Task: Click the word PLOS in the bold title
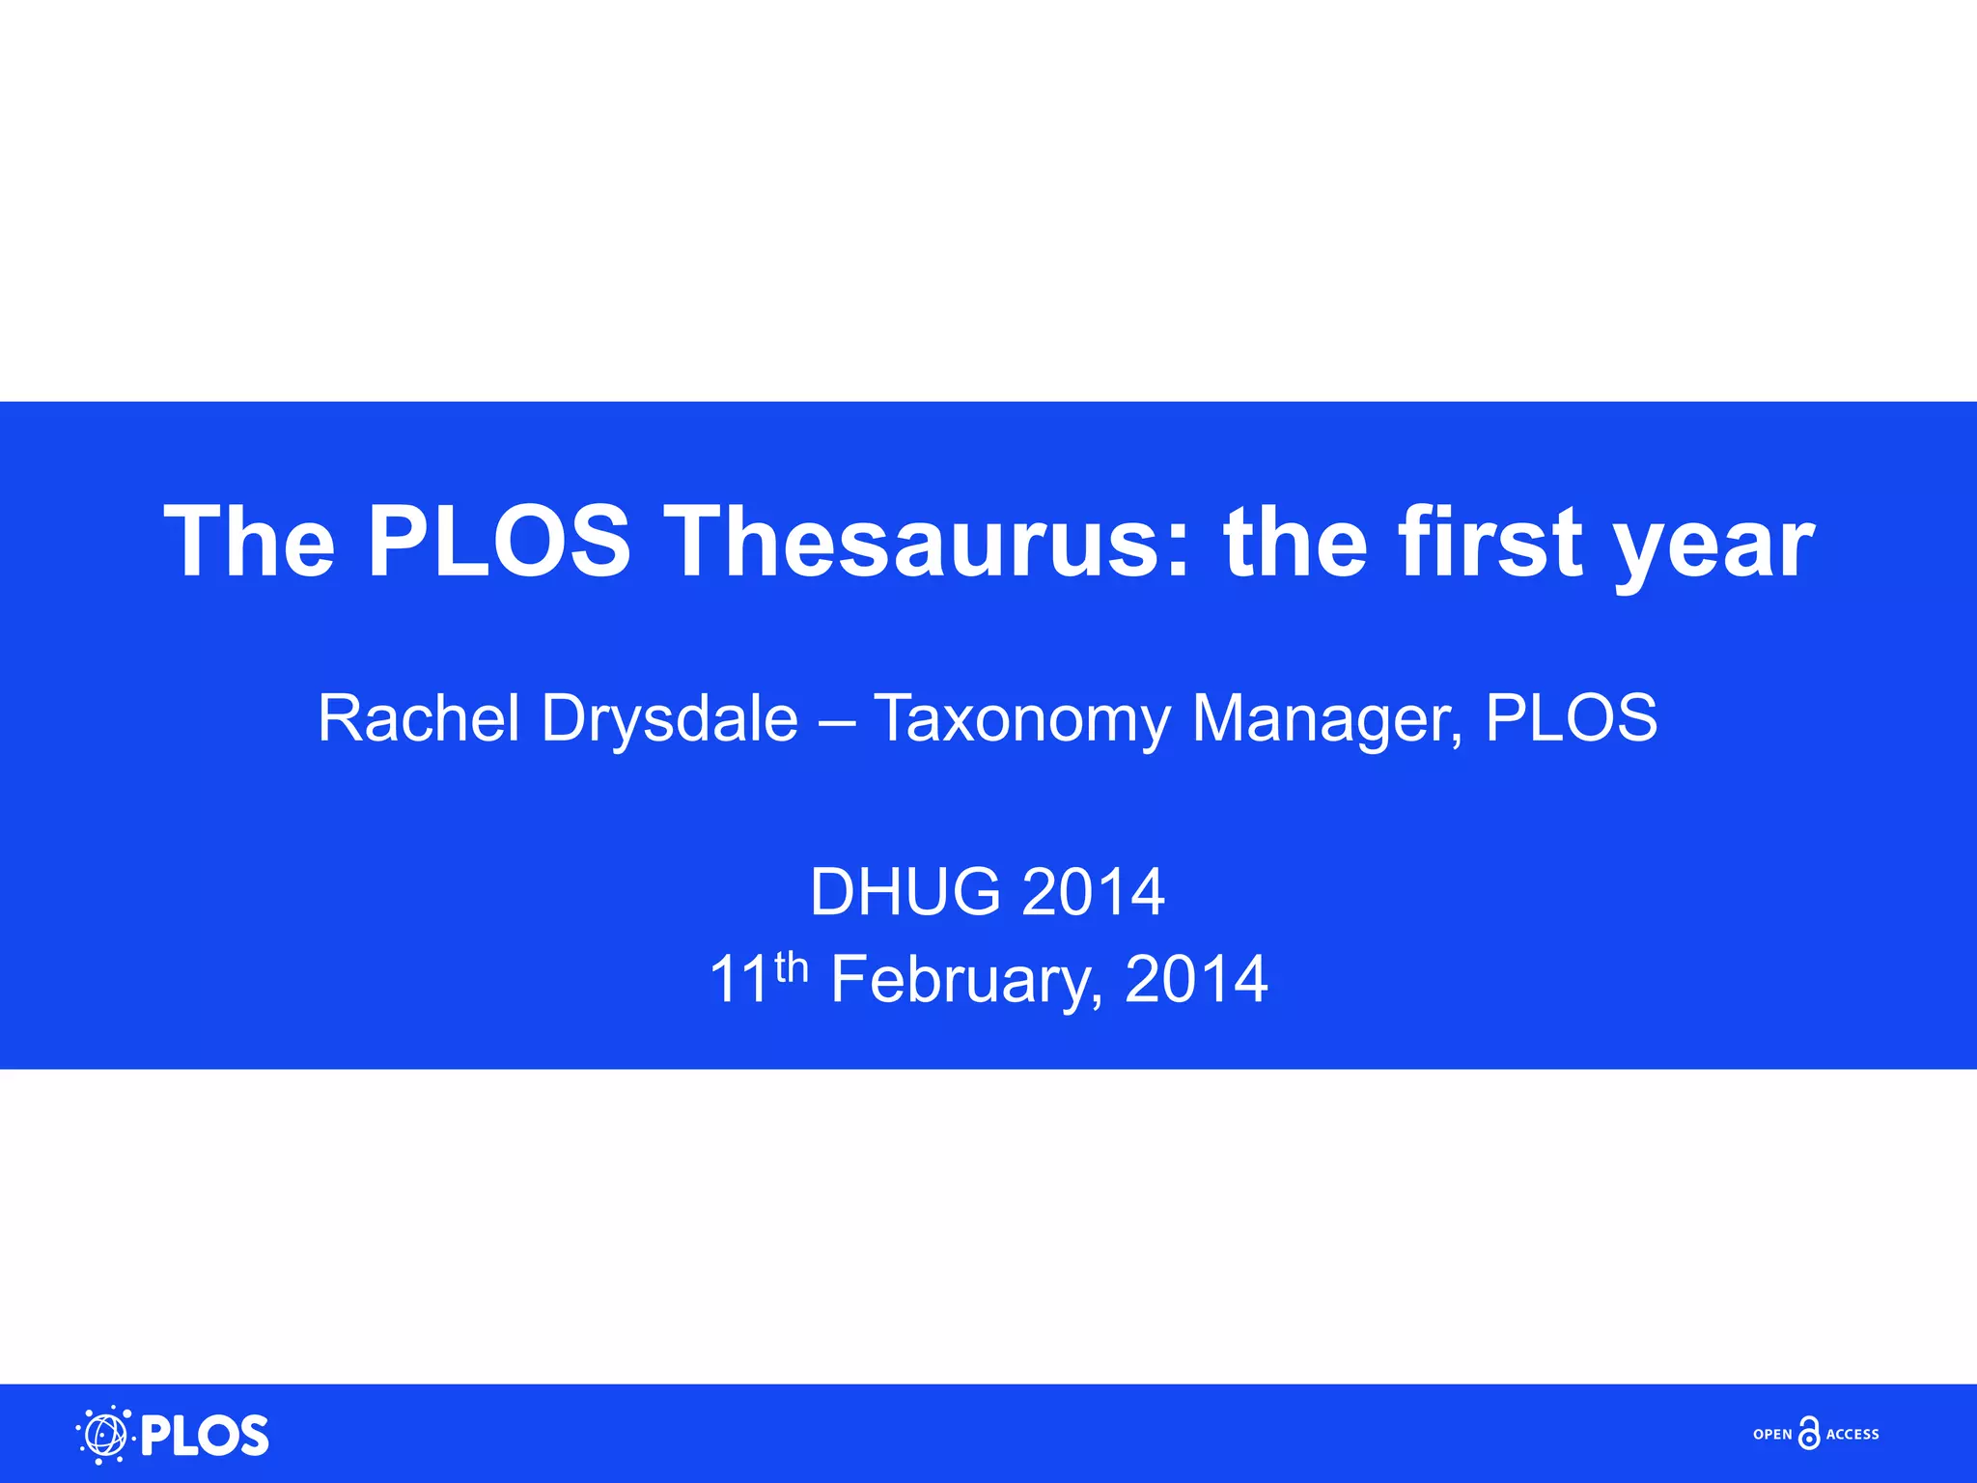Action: [499, 543]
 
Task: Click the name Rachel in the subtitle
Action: [418, 718]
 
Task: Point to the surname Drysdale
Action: [669, 718]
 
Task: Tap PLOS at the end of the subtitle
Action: [1571, 718]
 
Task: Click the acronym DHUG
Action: [905, 891]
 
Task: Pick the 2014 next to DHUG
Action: [1093, 891]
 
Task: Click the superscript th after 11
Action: [791, 965]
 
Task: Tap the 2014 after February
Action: [1196, 979]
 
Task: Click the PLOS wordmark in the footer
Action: [205, 1436]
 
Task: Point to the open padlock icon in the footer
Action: [1809, 1434]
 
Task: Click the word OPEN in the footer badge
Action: [1772, 1435]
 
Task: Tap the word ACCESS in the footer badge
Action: [1852, 1435]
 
